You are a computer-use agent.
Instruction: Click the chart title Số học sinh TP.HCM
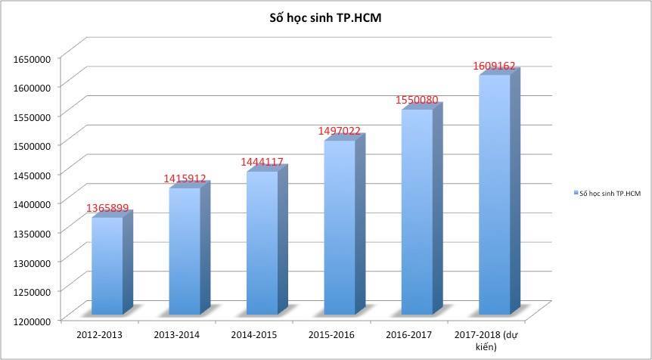pos(325,17)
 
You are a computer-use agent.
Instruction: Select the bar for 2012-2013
pos(107,265)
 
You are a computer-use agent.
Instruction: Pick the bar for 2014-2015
pos(262,242)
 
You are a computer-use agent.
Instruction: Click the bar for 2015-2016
pos(340,227)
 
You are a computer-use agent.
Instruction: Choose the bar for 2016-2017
pos(417,212)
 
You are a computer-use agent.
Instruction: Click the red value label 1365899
pos(107,206)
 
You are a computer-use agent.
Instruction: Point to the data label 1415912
pos(185,178)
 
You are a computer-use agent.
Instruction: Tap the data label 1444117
pos(262,162)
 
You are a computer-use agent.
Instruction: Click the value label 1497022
pos(340,131)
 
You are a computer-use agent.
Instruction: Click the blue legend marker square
pos(575,194)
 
